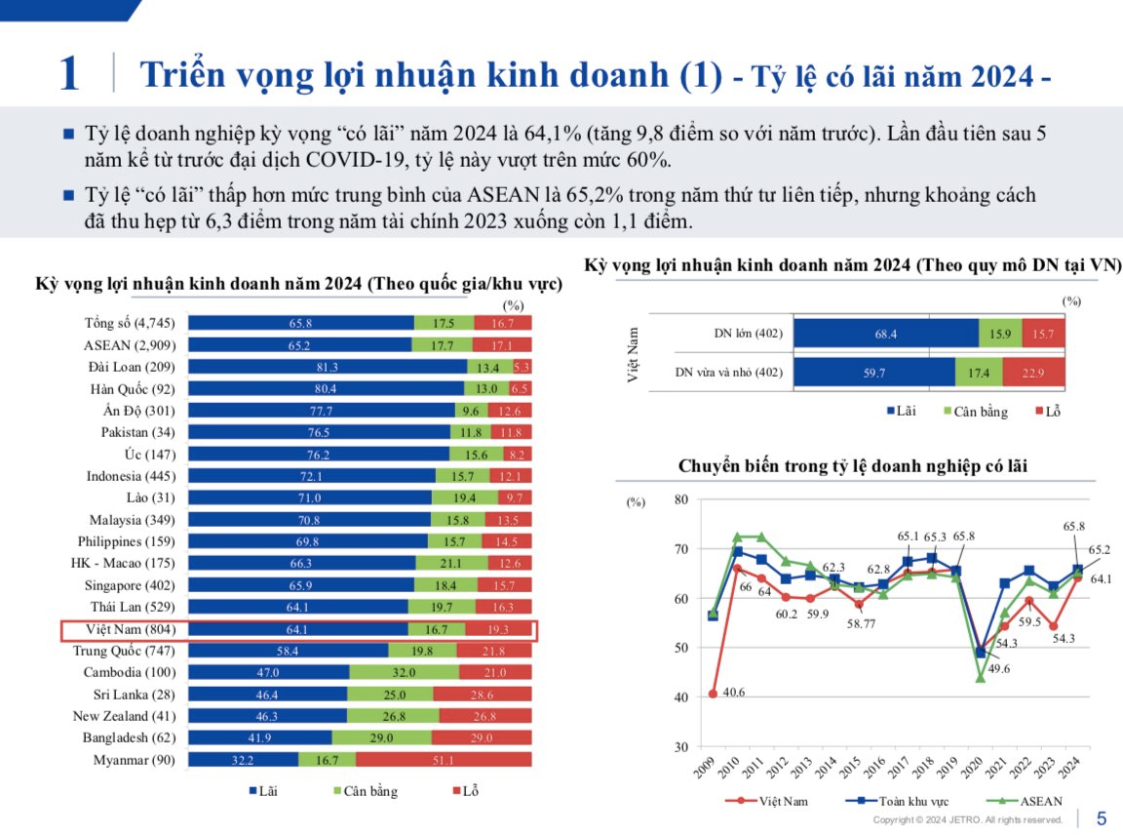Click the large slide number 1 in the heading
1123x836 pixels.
point(68,75)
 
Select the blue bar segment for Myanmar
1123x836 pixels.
point(243,759)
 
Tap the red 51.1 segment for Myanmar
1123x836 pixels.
point(444,759)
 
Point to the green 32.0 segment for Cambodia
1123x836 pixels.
point(404,672)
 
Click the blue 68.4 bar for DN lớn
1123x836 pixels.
point(885,334)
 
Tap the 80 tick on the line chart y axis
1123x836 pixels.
point(680,499)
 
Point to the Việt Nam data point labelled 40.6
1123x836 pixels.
point(713,694)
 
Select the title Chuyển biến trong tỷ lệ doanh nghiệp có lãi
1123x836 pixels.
point(852,466)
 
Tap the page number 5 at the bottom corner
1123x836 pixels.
point(1102,818)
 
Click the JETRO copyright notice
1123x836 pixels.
point(967,820)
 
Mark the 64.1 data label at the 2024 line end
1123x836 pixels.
point(1100,578)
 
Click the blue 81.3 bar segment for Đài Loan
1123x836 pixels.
point(327,367)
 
